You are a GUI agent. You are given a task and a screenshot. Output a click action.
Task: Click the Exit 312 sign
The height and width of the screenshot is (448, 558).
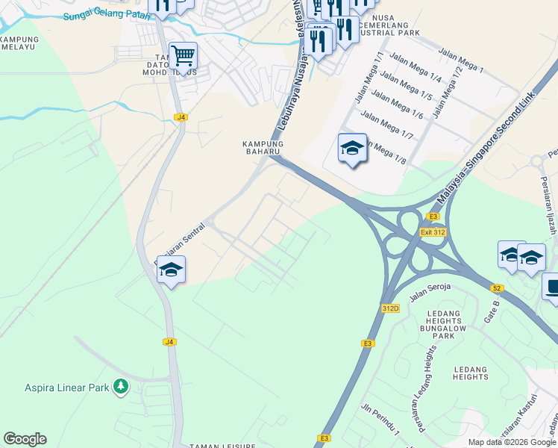[432, 232]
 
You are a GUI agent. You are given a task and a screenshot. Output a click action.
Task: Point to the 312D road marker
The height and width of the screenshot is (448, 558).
[390, 308]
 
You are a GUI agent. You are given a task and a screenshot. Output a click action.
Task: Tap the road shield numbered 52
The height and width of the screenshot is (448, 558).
[498, 287]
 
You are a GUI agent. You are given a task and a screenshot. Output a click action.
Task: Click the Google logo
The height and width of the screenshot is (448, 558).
[25, 439]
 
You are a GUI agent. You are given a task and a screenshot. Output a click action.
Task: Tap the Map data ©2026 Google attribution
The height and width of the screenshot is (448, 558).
[512, 442]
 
